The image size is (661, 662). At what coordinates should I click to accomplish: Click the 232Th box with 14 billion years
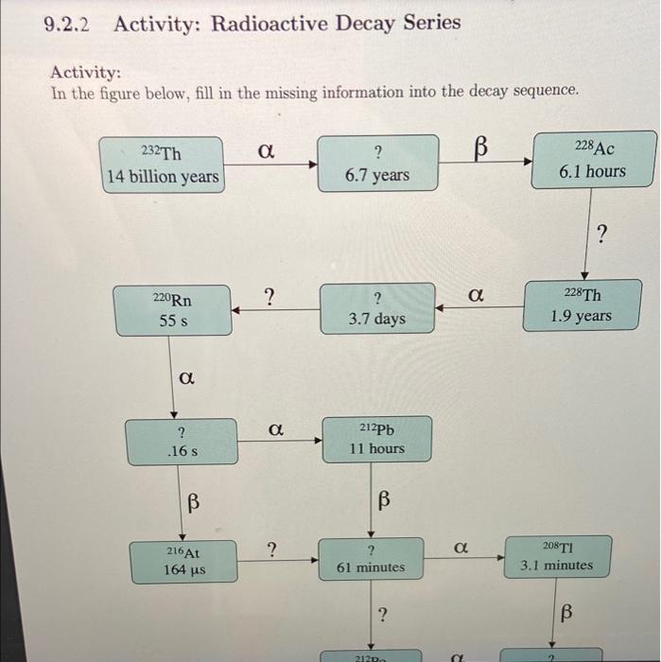(163, 165)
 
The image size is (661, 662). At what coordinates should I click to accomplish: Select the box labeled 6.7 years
(377, 164)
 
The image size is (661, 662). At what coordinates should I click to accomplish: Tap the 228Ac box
(593, 161)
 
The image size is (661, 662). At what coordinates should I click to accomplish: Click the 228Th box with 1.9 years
(581, 305)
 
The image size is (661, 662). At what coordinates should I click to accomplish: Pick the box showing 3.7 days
(376, 308)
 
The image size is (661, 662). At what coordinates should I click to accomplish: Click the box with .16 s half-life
(182, 442)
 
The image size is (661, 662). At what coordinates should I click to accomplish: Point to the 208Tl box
(557, 556)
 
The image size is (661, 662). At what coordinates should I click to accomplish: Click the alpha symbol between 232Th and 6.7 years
(267, 149)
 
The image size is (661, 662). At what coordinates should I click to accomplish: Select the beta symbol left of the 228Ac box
(480, 148)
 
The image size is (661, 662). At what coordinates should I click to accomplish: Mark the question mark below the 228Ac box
(602, 234)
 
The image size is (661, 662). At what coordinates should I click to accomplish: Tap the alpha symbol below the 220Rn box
(187, 378)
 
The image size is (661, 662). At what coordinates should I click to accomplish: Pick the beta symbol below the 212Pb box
(384, 498)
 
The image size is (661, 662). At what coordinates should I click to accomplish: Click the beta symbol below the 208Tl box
(566, 614)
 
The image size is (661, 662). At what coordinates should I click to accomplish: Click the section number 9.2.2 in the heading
(66, 24)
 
